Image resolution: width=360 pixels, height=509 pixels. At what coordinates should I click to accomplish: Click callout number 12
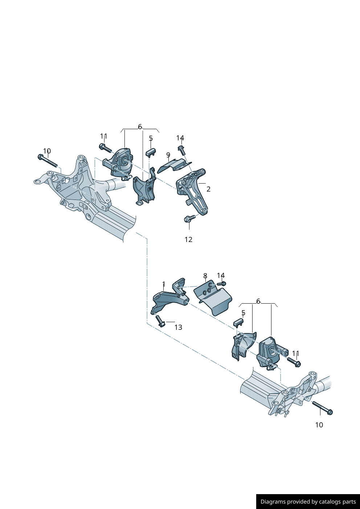(x=188, y=239)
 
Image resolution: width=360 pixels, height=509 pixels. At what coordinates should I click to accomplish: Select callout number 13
(x=178, y=327)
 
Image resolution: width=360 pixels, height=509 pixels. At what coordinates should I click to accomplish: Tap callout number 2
(x=208, y=189)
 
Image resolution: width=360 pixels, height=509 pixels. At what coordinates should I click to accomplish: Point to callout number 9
(x=168, y=155)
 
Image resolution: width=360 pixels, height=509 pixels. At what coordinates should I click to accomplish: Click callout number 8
(x=205, y=276)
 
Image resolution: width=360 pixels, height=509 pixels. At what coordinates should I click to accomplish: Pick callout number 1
(x=164, y=284)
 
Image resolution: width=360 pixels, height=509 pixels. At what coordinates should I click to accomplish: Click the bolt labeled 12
(x=189, y=218)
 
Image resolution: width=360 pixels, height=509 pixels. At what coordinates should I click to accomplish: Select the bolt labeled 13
(x=160, y=321)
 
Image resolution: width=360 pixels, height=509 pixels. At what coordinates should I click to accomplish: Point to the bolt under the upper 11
(x=105, y=148)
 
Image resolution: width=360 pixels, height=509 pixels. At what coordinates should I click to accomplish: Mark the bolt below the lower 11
(x=294, y=362)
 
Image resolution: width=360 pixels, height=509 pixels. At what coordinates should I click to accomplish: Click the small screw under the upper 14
(x=181, y=150)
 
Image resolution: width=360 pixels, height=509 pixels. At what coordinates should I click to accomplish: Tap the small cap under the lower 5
(x=238, y=323)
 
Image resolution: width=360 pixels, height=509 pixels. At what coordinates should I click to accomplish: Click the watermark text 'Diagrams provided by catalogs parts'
(x=308, y=502)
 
